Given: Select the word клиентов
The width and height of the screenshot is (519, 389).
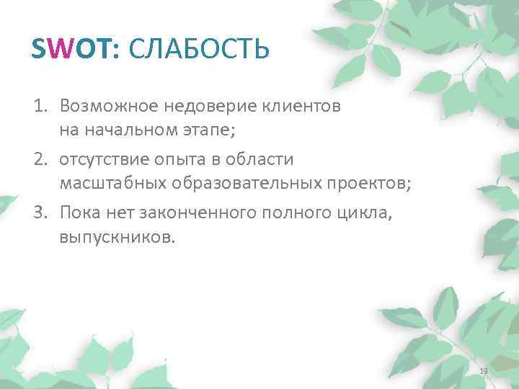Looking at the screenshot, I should (x=302, y=107).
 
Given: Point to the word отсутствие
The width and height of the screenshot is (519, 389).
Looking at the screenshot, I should (x=101, y=158).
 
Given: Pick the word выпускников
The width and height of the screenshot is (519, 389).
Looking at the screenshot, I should (x=117, y=238).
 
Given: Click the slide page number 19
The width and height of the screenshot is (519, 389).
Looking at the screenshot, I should (x=484, y=370).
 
